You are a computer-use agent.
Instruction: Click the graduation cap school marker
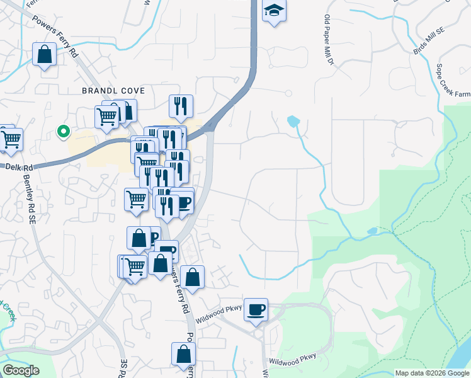click(274, 11)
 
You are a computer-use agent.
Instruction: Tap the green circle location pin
click(63, 132)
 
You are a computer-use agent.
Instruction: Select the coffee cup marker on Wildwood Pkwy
click(256, 310)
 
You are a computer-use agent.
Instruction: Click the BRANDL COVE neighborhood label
click(113, 91)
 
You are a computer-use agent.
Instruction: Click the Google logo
click(21, 370)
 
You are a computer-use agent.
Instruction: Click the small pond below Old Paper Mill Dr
click(293, 120)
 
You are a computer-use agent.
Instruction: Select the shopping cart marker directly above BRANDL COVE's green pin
click(107, 116)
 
